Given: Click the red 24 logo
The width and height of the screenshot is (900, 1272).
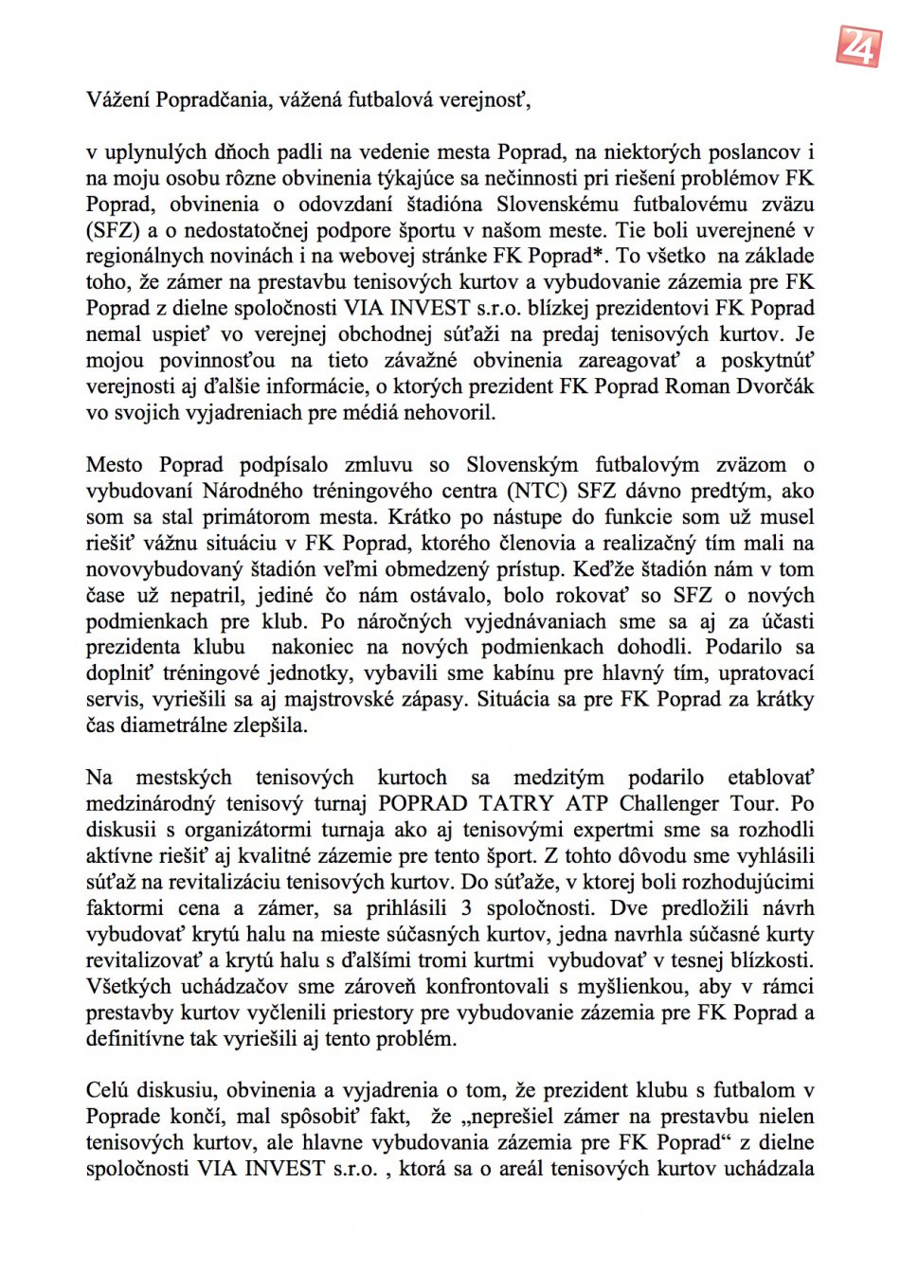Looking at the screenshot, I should pyautogui.click(x=859, y=45).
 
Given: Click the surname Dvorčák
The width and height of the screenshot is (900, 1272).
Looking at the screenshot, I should pyautogui.click(x=775, y=386).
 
